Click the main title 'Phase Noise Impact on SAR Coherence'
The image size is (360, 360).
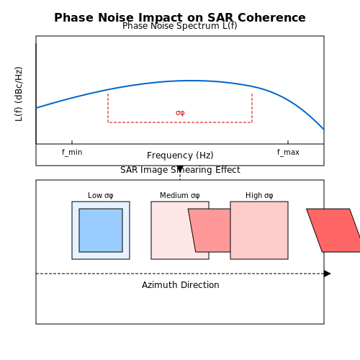[x=180, y=17]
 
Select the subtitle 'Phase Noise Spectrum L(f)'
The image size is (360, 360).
[x=180, y=26]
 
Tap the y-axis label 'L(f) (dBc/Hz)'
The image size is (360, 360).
[x=19, y=94]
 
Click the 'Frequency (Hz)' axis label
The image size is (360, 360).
[x=180, y=156]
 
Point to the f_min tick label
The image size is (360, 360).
[x=72, y=152]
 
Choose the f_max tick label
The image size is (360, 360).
[x=288, y=152]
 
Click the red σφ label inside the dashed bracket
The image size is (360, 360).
[x=180, y=112]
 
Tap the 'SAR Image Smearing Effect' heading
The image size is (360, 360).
[x=180, y=170]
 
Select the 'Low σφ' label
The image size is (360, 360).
[x=101, y=195]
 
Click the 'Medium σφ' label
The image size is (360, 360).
[x=180, y=195]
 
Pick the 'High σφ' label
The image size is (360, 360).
[x=259, y=195]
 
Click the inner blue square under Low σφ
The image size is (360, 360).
[x=101, y=230]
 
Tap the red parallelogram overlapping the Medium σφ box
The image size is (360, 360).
[x=210, y=230]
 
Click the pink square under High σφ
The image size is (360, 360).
[x=259, y=230]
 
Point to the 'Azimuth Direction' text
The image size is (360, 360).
[x=180, y=285]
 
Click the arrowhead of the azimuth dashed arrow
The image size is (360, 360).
[x=328, y=274]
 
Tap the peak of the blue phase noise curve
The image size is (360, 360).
[x=192, y=81]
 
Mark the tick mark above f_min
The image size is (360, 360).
[x=72, y=142]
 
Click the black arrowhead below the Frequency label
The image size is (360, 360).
[x=180, y=168]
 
